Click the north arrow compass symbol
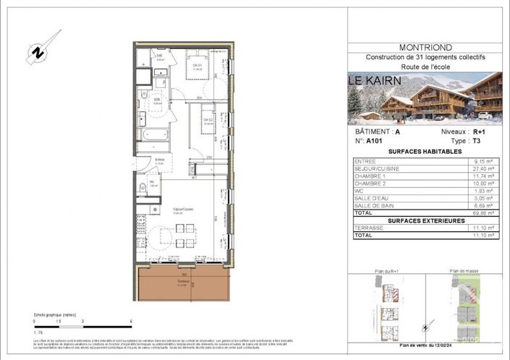35,53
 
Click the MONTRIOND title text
425,48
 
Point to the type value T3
478,142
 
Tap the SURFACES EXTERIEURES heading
424,220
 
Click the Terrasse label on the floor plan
184,282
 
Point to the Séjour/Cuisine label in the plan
182,210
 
